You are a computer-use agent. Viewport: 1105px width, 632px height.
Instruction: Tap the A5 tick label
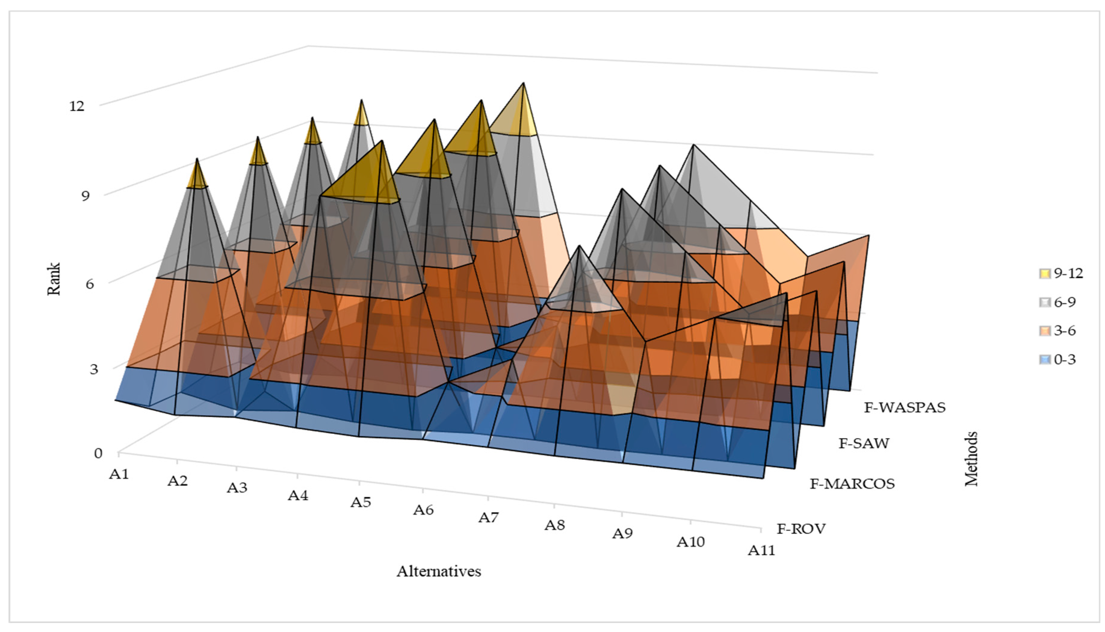click(361, 502)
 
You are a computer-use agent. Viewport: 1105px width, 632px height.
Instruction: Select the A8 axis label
click(555, 525)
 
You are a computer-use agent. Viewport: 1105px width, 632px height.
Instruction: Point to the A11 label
click(761, 550)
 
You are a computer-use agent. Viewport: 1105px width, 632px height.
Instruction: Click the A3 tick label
click(237, 488)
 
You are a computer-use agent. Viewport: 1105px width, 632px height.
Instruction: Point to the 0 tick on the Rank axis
click(98, 453)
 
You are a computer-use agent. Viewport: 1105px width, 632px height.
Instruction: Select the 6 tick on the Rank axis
click(89, 284)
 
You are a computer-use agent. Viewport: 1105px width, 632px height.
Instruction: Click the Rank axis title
click(54, 279)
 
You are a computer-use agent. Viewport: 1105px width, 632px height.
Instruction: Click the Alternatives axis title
click(438, 571)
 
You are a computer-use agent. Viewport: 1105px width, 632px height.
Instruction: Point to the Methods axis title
click(971, 459)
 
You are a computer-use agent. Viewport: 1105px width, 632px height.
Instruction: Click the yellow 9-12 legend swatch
click(1045, 273)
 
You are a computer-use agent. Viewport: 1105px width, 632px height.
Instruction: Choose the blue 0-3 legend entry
click(1057, 360)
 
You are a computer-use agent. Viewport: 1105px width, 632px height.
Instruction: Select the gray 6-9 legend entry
click(1057, 302)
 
